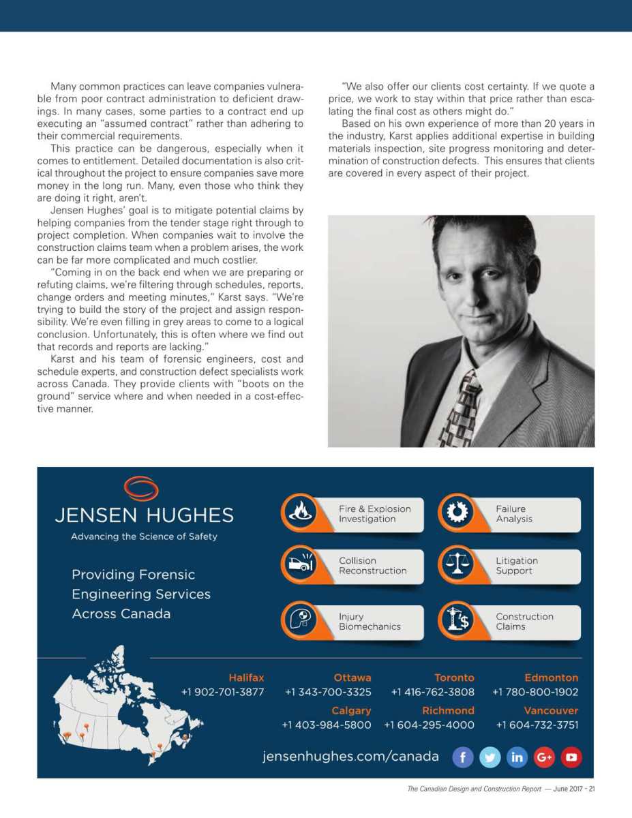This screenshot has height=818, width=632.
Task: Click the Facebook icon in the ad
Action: coord(463,757)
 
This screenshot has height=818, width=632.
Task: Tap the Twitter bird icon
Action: coord(490,757)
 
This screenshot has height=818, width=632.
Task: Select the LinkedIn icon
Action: coord(517,757)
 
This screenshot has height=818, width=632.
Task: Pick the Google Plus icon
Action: coord(544,757)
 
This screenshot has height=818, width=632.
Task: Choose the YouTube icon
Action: coord(571,757)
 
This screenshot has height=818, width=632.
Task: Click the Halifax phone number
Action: coord(222,692)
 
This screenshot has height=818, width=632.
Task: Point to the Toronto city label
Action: coord(454,678)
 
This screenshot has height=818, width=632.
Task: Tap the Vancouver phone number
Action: coord(537,725)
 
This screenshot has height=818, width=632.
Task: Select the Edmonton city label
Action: coord(551,678)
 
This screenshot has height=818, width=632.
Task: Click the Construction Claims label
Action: coord(524,621)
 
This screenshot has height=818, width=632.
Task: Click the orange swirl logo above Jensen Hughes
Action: coord(141,489)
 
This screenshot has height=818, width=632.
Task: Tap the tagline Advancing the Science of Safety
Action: coord(144,536)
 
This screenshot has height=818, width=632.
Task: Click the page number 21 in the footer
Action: coord(592,789)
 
